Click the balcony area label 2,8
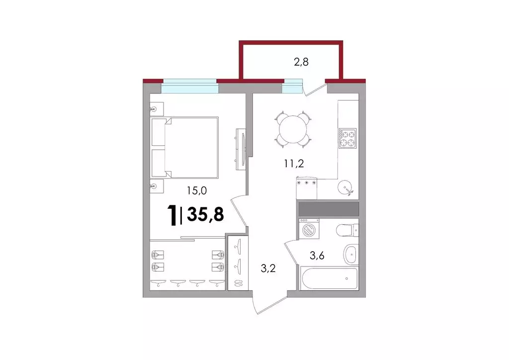[x=301, y=62]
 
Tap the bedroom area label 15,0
[x=197, y=190]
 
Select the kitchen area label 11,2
[x=294, y=163]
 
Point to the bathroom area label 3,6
[x=317, y=256]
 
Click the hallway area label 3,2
[x=268, y=268]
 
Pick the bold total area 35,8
[x=205, y=214]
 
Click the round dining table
[x=293, y=129]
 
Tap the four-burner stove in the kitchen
[x=347, y=138]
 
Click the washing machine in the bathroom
[x=309, y=229]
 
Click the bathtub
[x=329, y=278]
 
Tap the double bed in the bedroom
[x=185, y=148]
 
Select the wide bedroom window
[x=189, y=86]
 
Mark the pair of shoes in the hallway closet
[x=238, y=283]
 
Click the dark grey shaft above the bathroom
[x=329, y=209]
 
